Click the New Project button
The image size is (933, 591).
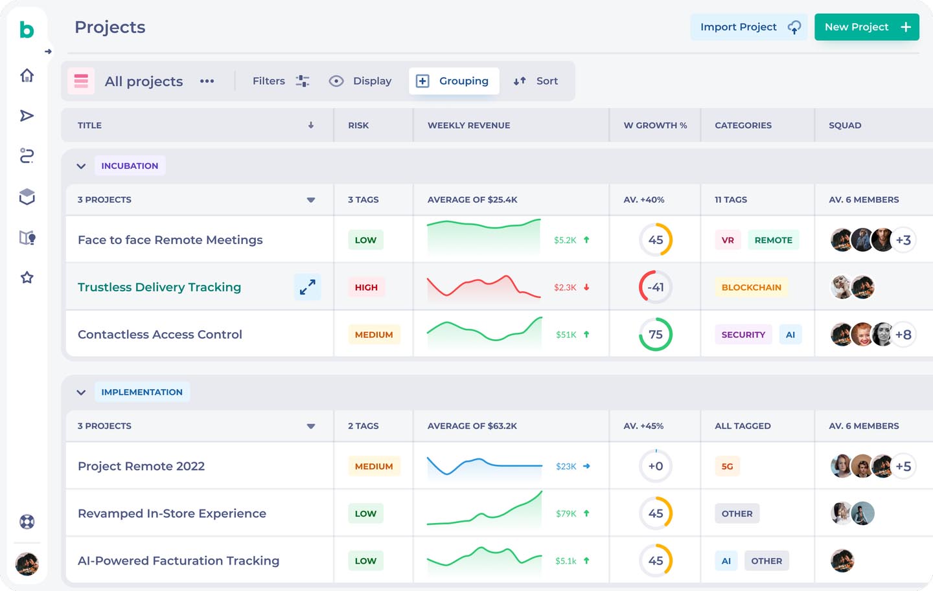coord(866,27)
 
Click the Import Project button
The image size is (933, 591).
coord(748,27)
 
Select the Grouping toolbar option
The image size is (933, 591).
coord(454,81)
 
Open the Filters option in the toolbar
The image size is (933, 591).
coord(281,81)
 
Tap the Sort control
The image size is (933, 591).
coord(536,81)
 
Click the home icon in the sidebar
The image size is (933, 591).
coord(27,76)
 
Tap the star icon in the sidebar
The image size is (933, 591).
coord(27,278)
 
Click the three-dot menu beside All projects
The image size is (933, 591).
coord(207,81)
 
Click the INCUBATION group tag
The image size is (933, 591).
coord(130,166)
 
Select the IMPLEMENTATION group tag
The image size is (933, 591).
coord(142,392)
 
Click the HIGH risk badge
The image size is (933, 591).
coord(366,287)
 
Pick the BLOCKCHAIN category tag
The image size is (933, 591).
coord(751,287)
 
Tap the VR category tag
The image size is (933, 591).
coord(728,240)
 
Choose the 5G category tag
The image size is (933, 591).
coord(727,466)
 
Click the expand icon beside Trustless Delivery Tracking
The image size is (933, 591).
coord(308,287)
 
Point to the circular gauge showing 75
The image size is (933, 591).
coord(656,335)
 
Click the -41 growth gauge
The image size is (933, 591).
coord(656,287)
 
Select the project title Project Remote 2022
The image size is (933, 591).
coord(141,466)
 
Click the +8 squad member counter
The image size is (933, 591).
coord(903,335)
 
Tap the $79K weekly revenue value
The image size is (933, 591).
coord(566,513)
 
